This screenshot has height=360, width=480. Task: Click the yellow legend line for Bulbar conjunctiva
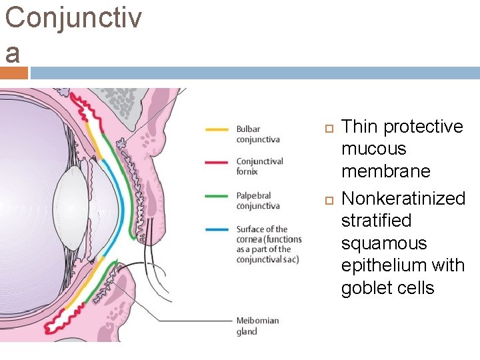point(217,129)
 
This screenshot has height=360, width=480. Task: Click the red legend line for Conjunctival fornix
point(217,161)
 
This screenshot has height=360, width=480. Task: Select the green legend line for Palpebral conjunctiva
point(217,196)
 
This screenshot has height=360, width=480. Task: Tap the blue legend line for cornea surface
point(217,229)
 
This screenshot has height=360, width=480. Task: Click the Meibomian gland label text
point(257,326)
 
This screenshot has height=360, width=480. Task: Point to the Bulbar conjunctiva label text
point(257,134)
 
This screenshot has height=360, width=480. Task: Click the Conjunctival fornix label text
point(259,166)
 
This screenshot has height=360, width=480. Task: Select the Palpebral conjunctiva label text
point(258,201)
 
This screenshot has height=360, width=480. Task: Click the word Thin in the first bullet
point(359,127)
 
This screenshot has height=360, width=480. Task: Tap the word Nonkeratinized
point(403,198)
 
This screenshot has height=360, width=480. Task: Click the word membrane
point(386,171)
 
